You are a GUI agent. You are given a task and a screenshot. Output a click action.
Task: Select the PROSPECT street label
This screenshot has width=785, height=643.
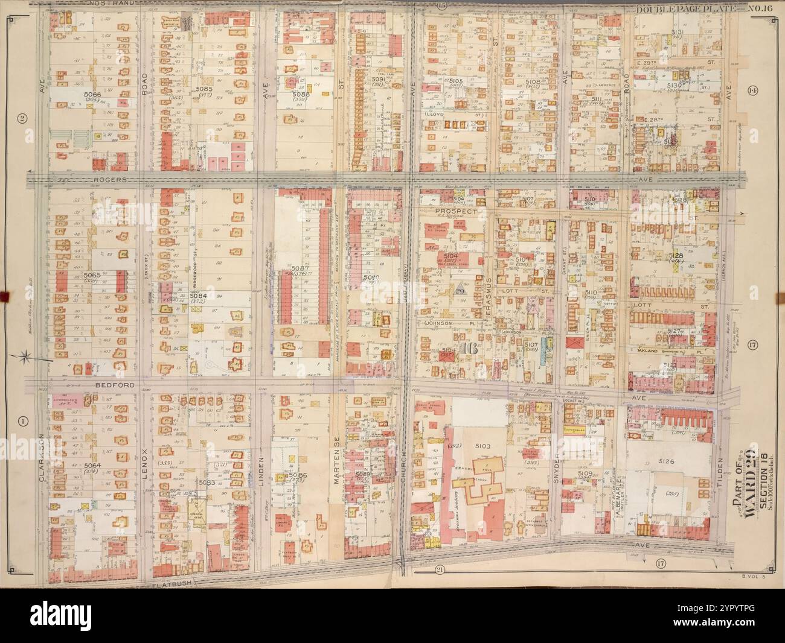click(x=460, y=212)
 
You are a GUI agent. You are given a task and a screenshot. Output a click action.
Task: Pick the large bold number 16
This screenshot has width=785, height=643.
click(x=467, y=349)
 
